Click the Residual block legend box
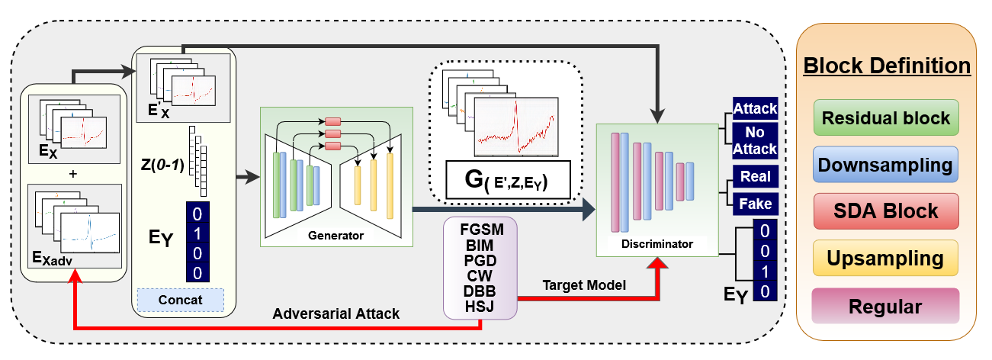[886, 117]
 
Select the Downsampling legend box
[885, 165]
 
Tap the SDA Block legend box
[886, 211]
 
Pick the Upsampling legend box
[885, 258]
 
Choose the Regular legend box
[885, 306]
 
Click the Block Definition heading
[887, 66]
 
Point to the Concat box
[180, 301]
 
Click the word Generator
[335, 236]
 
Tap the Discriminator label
[657, 244]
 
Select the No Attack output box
[755, 140]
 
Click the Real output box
[755, 177]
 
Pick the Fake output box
[755, 204]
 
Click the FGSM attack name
[482, 230]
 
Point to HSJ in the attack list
[480, 307]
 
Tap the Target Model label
[584, 285]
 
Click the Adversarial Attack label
[336, 313]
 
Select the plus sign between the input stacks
[73, 174]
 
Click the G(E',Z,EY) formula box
[508, 180]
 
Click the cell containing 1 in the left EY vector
[197, 233]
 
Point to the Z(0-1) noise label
[162, 165]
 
